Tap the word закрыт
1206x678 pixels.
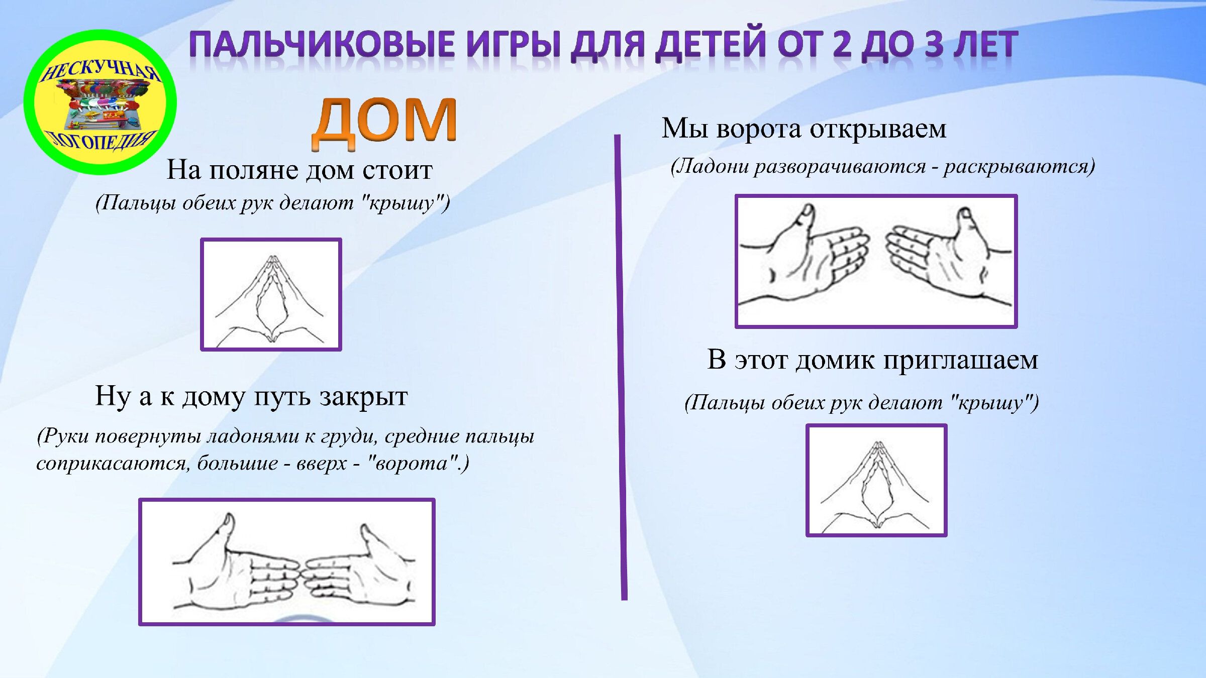[363, 396]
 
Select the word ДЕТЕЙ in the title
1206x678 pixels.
[712, 44]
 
